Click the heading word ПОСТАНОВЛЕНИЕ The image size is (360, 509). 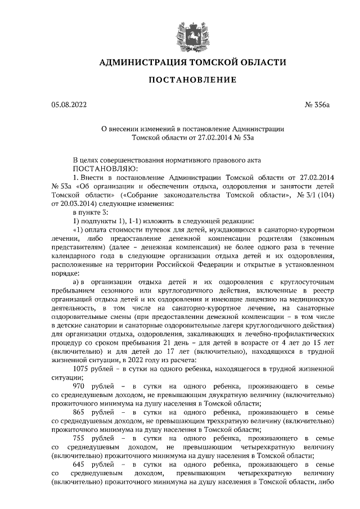192,80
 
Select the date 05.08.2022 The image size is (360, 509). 69,105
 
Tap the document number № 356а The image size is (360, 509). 321,105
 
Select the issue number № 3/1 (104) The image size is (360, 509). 316,195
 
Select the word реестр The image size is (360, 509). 325,290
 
